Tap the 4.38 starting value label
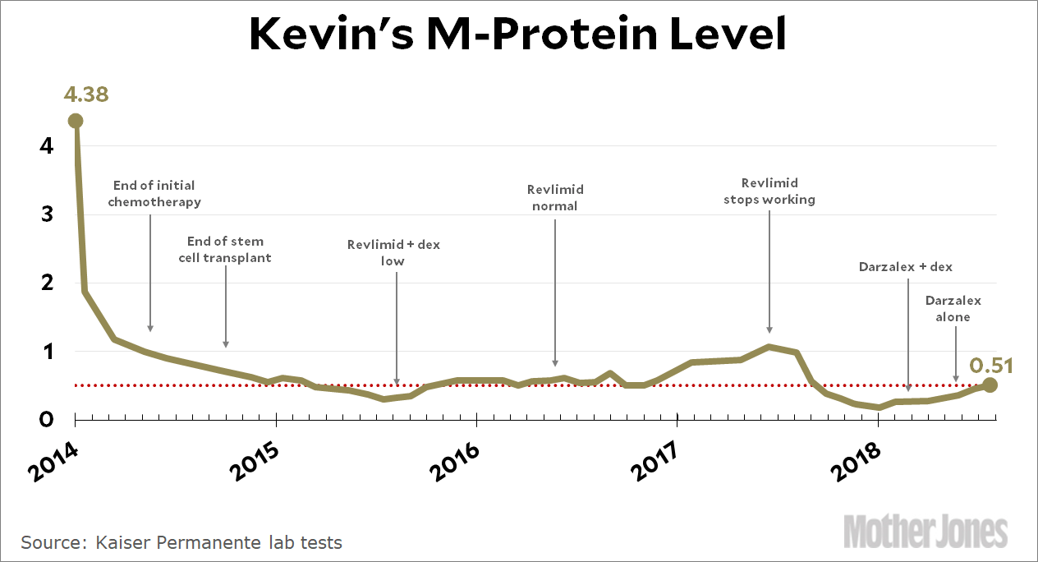click(86, 94)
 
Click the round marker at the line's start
click(76, 121)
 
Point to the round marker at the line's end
click(990, 385)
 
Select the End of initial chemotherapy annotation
click(154, 193)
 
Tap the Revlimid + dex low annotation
click(393, 252)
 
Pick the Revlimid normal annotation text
click(555, 197)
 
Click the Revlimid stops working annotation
click(769, 191)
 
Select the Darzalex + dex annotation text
click(906, 266)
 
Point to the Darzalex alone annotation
click(953, 308)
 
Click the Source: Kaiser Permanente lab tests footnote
click(181, 542)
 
